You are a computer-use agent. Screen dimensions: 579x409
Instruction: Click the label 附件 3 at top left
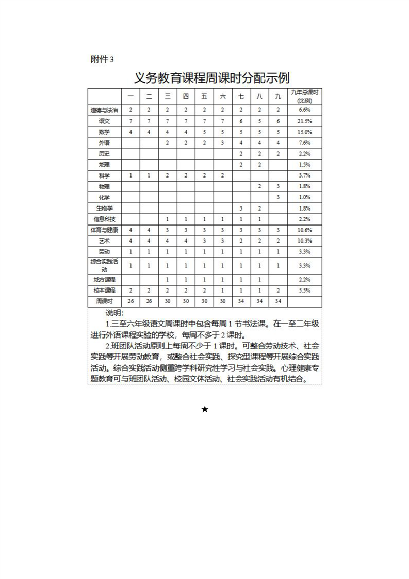click(x=102, y=59)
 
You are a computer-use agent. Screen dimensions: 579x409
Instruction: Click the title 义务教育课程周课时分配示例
click(x=211, y=78)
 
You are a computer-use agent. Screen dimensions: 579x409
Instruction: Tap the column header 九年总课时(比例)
click(x=304, y=96)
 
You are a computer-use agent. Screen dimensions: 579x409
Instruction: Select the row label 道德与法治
click(x=104, y=110)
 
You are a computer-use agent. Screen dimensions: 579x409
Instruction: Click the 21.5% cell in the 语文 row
click(x=304, y=121)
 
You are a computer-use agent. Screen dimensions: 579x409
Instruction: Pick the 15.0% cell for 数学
click(x=304, y=132)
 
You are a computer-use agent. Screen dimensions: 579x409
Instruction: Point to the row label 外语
click(x=104, y=143)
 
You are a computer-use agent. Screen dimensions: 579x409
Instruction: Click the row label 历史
click(x=104, y=154)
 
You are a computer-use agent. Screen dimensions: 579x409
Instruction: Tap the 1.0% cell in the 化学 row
click(x=304, y=198)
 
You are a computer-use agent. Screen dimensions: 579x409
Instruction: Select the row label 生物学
click(x=104, y=208)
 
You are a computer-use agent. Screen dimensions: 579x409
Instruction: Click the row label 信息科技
click(x=104, y=219)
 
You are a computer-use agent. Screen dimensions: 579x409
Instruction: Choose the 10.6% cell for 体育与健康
click(x=304, y=230)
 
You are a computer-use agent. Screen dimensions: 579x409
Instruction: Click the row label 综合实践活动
click(x=104, y=266)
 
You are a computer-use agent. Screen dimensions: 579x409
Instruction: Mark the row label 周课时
click(x=104, y=301)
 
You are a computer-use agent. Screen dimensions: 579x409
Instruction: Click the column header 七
click(x=241, y=96)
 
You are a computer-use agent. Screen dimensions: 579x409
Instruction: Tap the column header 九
click(x=278, y=96)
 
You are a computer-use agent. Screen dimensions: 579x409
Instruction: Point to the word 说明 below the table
click(x=114, y=313)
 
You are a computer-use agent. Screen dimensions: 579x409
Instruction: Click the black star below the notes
click(x=205, y=409)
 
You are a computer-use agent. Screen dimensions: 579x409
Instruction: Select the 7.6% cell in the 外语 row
click(x=304, y=143)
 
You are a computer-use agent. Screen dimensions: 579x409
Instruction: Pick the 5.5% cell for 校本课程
click(x=304, y=291)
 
